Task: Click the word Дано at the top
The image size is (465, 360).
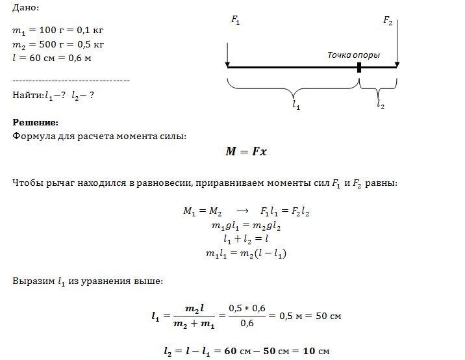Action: pyautogui.click(x=25, y=8)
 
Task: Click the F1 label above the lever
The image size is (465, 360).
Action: pyautogui.click(x=235, y=21)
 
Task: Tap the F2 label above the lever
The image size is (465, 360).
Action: pyautogui.click(x=388, y=21)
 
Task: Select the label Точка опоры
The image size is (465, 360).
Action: pyautogui.click(x=353, y=55)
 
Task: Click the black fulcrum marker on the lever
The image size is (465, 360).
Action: pyautogui.click(x=358, y=66)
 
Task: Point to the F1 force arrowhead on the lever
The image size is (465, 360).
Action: pyautogui.click(x=227, y=64)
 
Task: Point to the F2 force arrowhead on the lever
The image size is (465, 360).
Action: pyautogui.click(x=397, y=64)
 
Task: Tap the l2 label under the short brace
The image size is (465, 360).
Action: pyautogui.click(x=380, y=103)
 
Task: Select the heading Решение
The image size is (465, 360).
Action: pyautogui.click(x=35, y=122)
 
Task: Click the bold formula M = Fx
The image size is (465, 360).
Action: pyautogui.click(x=246, y=151)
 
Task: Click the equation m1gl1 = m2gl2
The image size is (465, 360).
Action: pyautogui.click(x=246, y=225)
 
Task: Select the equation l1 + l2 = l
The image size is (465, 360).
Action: pyautogui.click(x=246, y=239)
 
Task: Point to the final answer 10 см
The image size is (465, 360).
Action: pyautogui.click(x=318, y=352)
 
